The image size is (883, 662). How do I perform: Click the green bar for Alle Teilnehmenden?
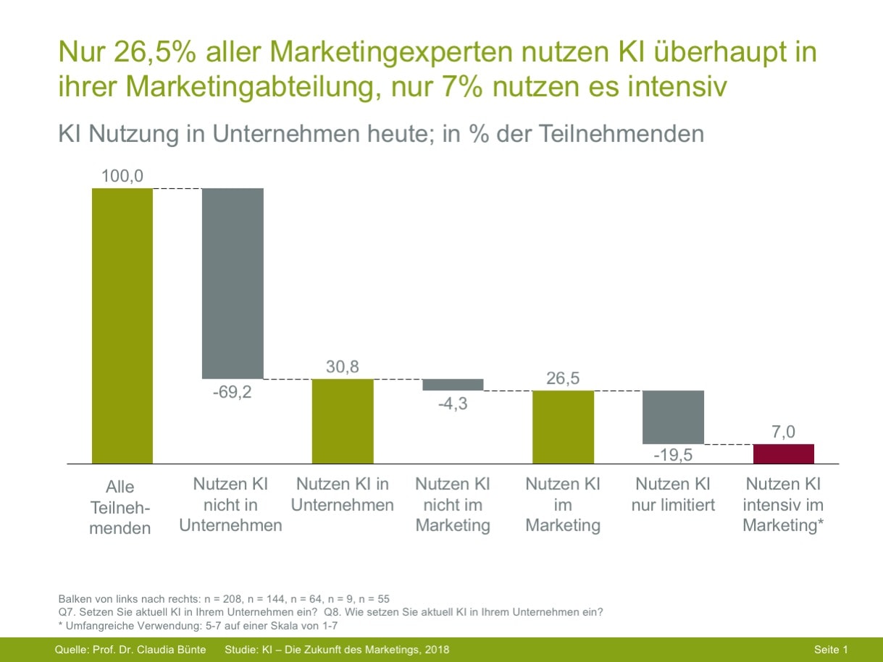[122, 325]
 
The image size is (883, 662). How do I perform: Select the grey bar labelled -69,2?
[233, 283]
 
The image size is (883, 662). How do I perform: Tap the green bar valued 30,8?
[343, 421]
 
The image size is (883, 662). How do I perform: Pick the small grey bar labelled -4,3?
[453, 385]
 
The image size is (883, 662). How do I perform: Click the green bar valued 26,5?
[563, 427]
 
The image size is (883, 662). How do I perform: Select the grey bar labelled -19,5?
[673, 417]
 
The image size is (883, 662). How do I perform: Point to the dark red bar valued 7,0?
[783, 453]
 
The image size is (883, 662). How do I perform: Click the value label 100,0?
[122, 175]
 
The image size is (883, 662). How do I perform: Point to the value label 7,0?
[783, 432]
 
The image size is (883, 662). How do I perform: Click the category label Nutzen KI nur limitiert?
[673, 494]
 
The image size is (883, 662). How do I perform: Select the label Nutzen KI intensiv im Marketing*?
[783, 505]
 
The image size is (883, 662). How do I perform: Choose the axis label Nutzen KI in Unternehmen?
[343, 494]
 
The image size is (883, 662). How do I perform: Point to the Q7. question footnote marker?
[66, 612]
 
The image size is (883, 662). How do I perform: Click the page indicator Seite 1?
[830, 650]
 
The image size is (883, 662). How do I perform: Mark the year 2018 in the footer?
[436, 650]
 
